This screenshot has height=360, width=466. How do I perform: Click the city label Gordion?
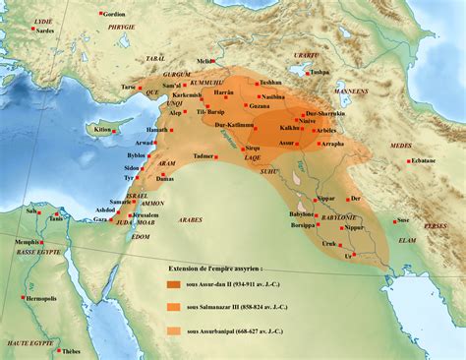point(115,15)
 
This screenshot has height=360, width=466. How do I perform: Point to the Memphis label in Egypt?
point(28,241)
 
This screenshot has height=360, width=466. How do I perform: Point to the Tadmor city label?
point(205,155)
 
